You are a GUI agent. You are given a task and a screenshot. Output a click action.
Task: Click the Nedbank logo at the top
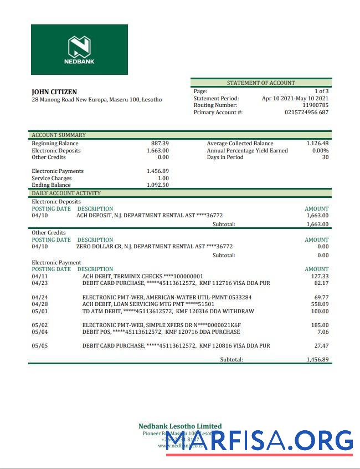tap(79, 49)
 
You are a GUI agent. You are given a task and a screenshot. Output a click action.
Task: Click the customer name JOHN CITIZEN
tap(54, 92)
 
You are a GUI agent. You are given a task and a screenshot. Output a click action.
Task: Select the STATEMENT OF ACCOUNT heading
tap(261, 83)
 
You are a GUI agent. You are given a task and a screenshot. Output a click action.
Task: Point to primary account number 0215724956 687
tap(306, 113)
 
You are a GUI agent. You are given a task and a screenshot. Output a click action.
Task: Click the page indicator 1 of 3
tap(321, 91)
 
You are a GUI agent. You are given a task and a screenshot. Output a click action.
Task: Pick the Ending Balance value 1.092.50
tap(158, 185)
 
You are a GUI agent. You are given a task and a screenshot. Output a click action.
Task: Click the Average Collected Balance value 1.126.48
tap(317, 144)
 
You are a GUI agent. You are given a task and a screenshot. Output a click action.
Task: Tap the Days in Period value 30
tap(325, 157)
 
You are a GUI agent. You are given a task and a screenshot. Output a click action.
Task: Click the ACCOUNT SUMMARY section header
tap(59, 135)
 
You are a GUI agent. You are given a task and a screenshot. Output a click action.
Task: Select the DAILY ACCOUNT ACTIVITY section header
tap(66, 193)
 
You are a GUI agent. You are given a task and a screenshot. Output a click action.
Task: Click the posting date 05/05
tap(40, 346)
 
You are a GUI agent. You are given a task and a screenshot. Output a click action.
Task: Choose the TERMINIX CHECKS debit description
tap(142, 276)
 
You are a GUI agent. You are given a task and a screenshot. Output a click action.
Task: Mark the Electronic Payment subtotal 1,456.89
tap(317, 359)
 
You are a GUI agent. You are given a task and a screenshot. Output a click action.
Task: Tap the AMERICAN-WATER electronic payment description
tap(167, 298)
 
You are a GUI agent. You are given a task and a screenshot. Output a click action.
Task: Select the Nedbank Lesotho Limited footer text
tap(180, 426)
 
